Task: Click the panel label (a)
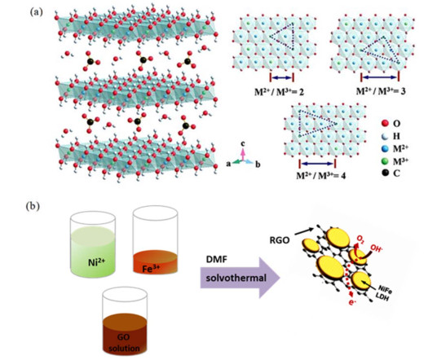[37, 12]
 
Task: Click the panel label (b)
[33, 205]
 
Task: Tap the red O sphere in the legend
[385, 123]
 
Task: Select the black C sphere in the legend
[385, 172]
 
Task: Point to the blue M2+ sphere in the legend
[385, 148]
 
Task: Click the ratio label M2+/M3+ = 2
[279, 92]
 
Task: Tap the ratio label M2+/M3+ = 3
[381, 91]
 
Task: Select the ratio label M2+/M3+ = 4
[321, 175]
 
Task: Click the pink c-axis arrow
[243, 154]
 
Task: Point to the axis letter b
[258, 165]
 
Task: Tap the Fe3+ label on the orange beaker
[151, 268]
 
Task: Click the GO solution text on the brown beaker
[124, 342]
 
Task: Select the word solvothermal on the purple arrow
[236, 278]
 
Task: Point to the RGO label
[280, 240]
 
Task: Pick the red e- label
[352, 302]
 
